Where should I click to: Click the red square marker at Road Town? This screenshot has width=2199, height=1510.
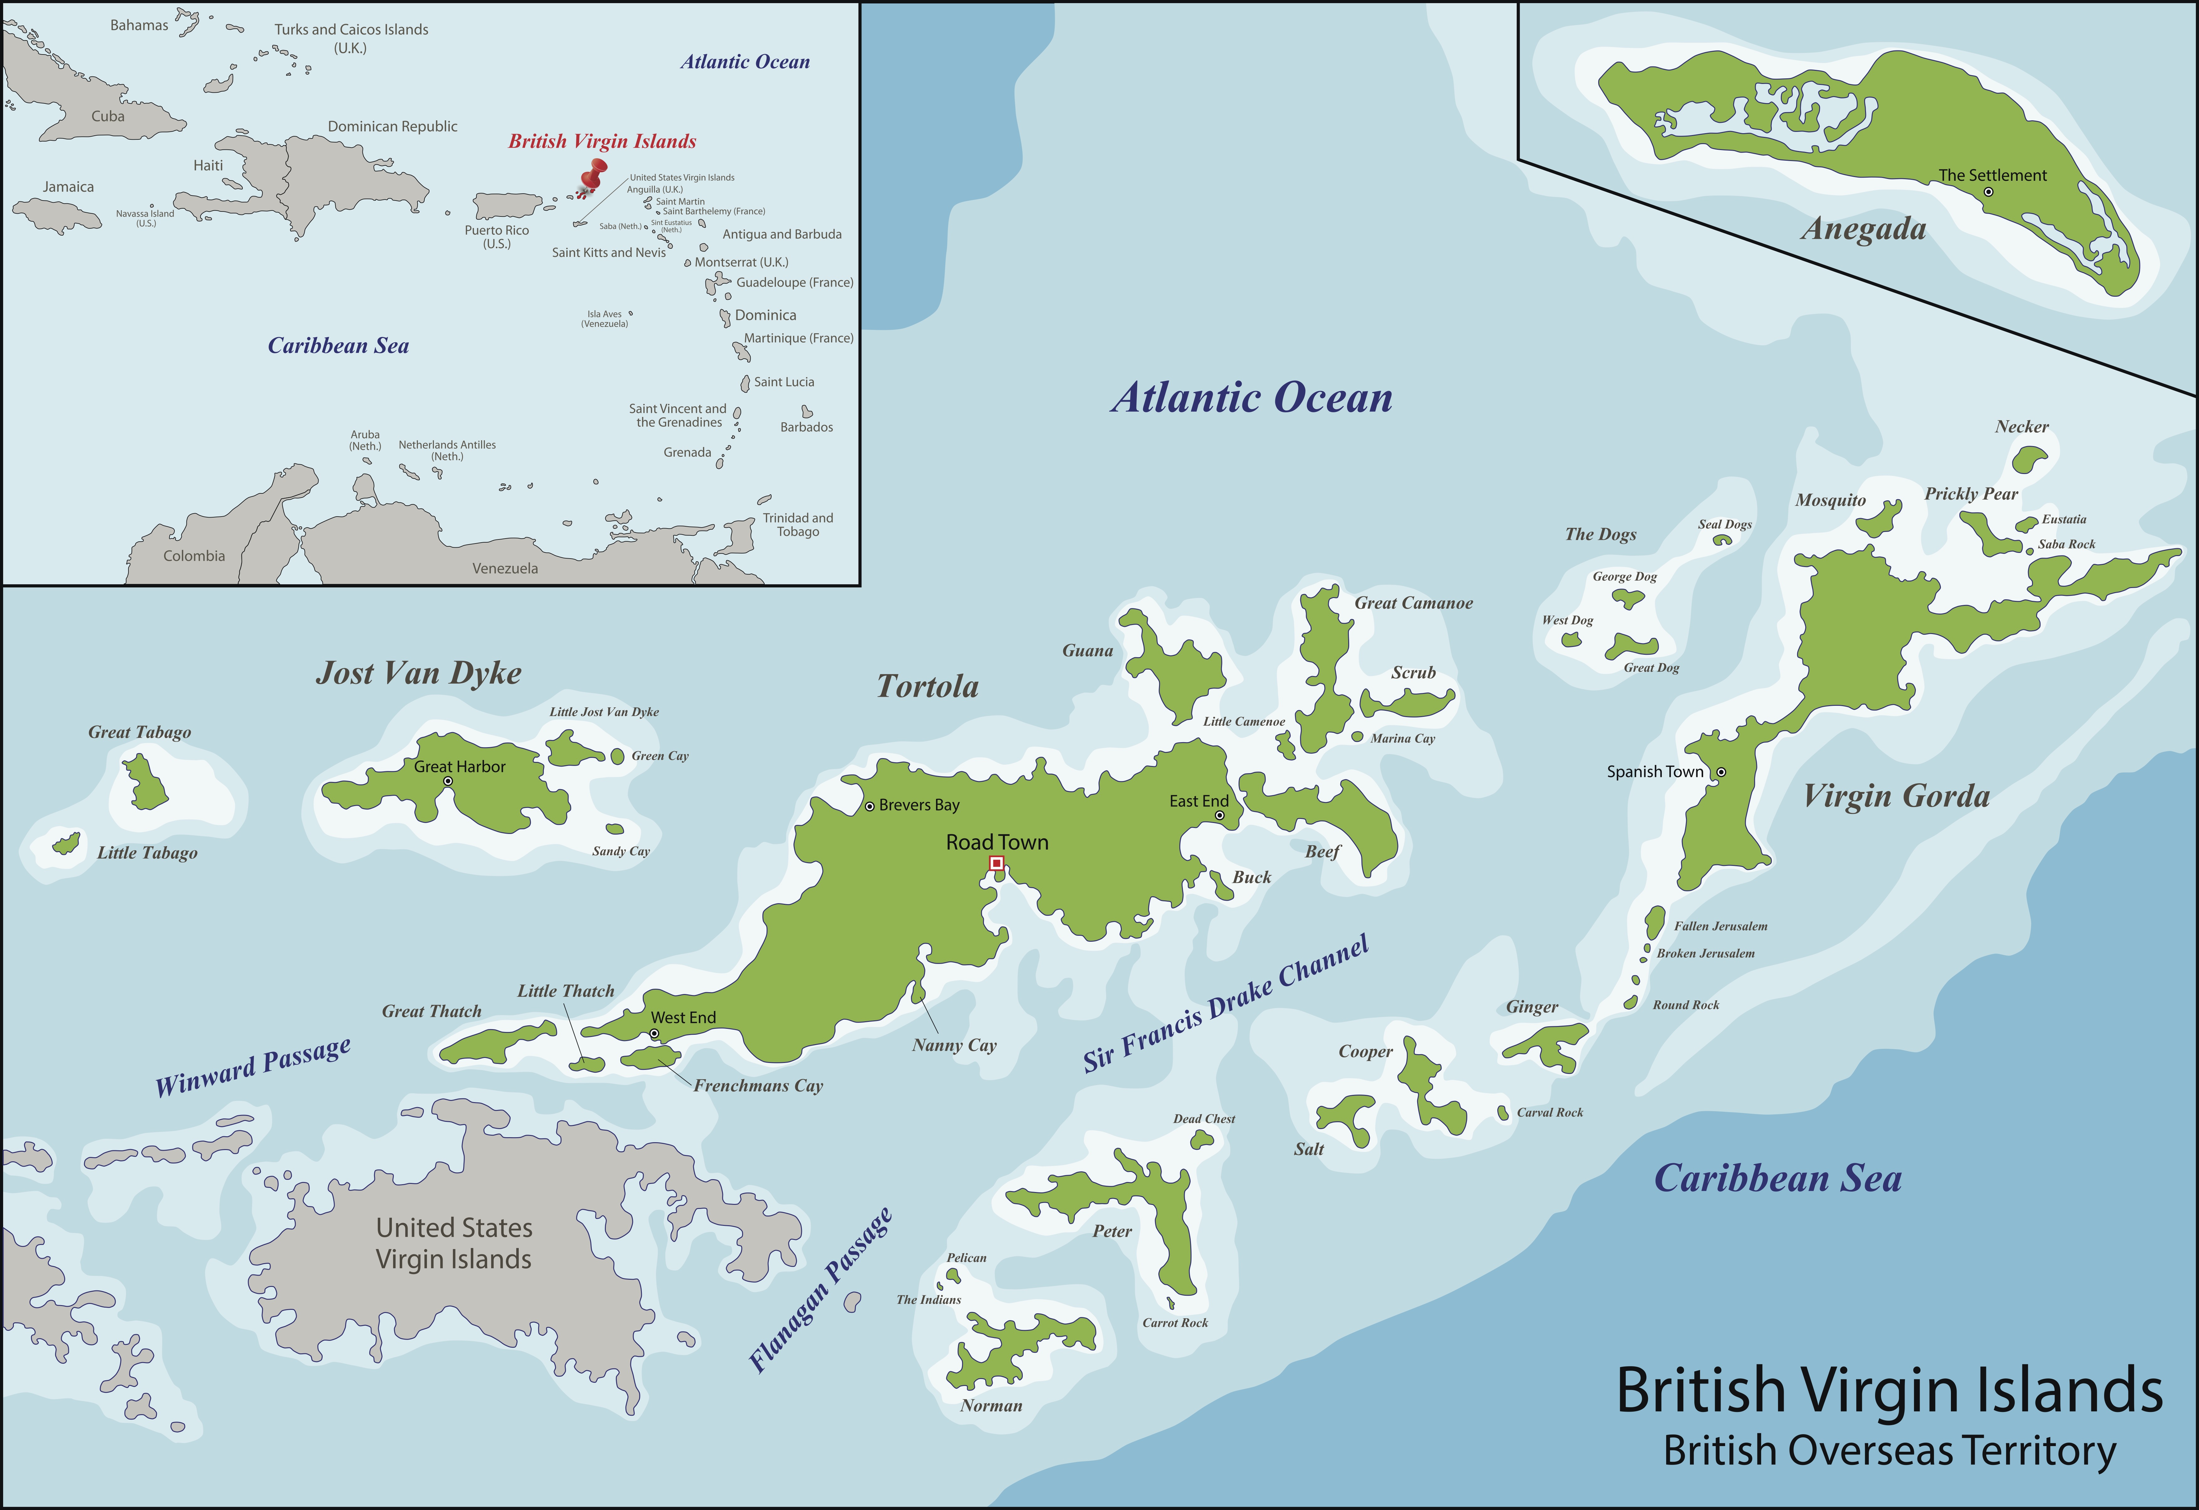996,863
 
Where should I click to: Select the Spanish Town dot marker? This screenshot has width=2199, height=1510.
1721,772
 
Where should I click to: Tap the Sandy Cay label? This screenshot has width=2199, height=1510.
621,851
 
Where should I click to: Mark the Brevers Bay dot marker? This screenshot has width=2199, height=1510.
870,806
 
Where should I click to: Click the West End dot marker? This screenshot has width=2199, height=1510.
654,1034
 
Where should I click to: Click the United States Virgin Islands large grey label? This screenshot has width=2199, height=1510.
454,1243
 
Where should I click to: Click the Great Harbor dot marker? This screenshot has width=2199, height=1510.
448,782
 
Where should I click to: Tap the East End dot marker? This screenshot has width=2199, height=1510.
1220,815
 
